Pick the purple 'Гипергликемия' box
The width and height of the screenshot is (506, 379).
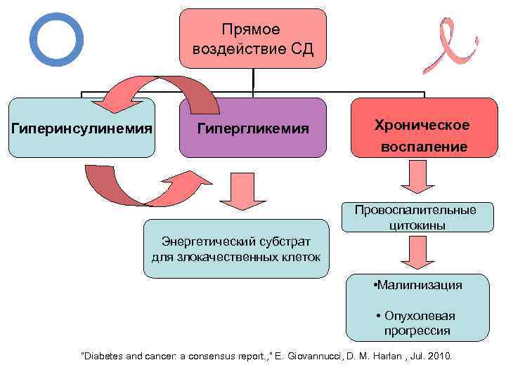pos(253,128)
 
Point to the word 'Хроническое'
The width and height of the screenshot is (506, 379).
pos(422,125)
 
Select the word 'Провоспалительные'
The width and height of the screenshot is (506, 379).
pos(415,210)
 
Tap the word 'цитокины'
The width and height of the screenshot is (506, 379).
pos(415,225)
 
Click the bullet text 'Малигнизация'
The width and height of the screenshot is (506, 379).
pos(420,285)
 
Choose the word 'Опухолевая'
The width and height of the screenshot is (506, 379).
pos(420,316)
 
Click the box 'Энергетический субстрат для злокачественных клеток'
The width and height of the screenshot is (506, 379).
pos(236,248)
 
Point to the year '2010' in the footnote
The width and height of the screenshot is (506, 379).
pos(441,357)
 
